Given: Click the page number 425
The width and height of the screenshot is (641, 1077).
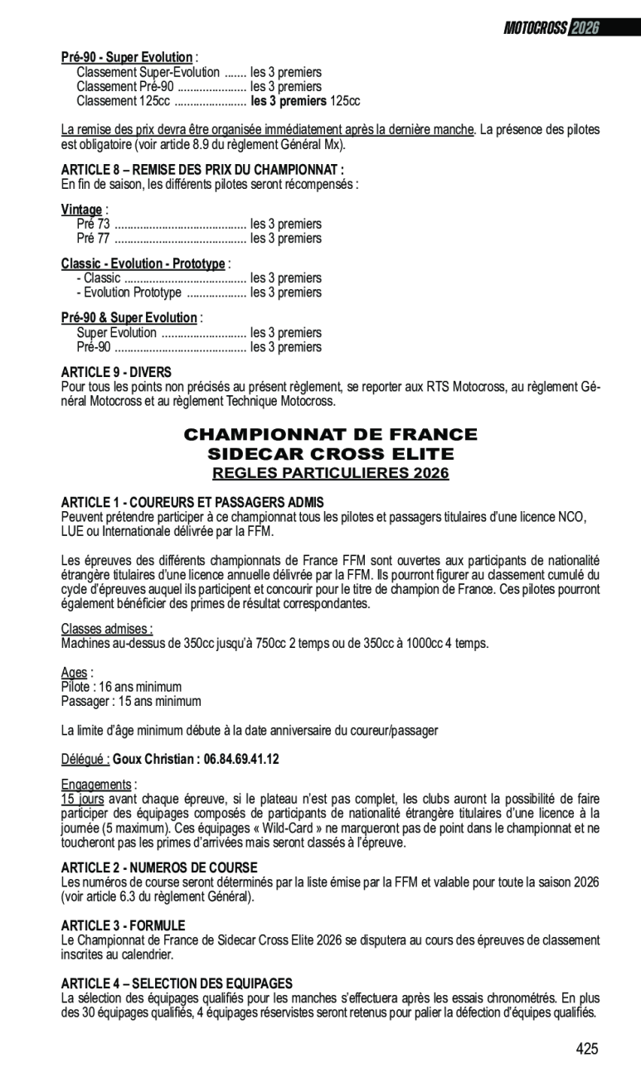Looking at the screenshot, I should click(x=586, y=1049).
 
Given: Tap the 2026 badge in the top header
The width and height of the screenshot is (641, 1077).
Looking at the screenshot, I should click(x=585, y=28).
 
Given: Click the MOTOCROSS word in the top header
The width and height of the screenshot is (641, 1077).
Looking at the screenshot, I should click(x=535, y=28).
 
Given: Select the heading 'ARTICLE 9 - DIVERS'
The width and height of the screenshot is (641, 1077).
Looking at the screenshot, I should click(x=116, y=373).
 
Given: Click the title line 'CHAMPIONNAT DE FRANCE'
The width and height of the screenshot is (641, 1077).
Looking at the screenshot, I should click(x=330, y=435).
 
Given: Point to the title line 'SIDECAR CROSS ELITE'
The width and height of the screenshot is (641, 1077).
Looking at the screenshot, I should click(x=330, y=454).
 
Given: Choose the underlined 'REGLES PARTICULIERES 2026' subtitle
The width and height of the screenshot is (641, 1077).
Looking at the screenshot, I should click(x=330, y=473).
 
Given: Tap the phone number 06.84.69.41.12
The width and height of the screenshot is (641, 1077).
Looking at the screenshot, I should click(x=240, y=759).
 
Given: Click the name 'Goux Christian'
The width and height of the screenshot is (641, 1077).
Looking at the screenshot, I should click(x=153, y=759).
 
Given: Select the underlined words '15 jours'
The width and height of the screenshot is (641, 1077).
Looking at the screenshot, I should click(x=83, y=799).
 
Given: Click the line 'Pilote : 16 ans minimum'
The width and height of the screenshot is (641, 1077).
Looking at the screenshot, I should click(x=121, y=687).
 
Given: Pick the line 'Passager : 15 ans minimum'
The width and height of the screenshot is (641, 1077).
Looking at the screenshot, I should click(x=131, y=701).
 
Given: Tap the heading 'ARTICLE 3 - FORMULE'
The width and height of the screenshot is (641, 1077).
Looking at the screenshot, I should click(x=123, y=925).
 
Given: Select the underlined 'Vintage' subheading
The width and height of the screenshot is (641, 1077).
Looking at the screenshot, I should click(x=82, y=210).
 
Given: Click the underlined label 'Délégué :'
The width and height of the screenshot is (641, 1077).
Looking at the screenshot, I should click(x=85, y=759).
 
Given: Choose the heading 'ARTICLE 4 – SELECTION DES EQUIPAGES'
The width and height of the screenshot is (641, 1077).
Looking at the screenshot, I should click(x=177, y=983).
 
